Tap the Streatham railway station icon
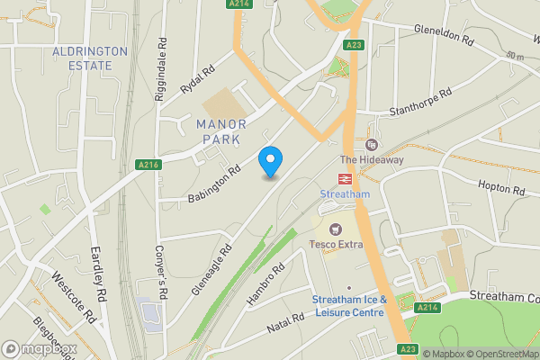tap(345, 178)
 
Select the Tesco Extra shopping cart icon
tap(337, 229)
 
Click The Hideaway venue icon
tap(371, 145)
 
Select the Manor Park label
tap(220, 131)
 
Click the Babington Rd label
tap(214, 183)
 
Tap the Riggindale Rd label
tap(163, 67)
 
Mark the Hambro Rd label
tap(265, 283)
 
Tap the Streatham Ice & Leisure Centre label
tap(349, 305)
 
